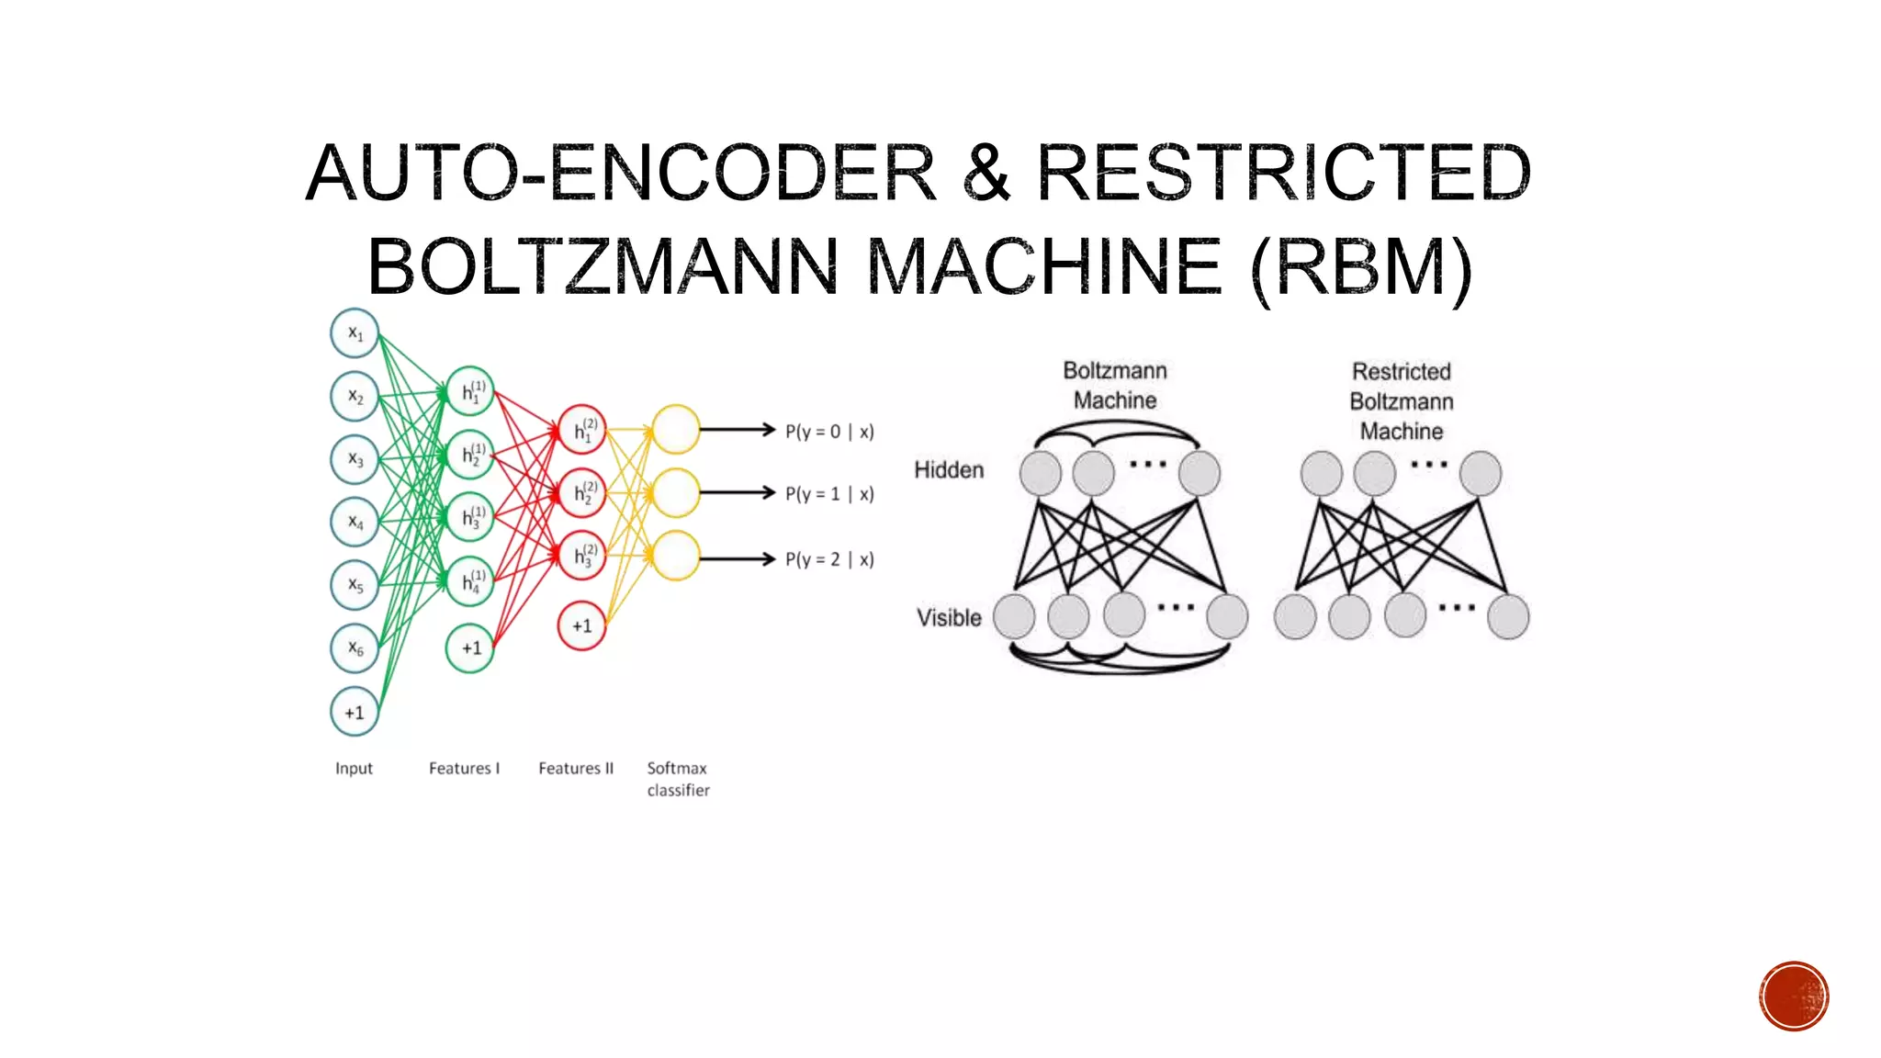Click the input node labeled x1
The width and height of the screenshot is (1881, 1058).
point(355,333)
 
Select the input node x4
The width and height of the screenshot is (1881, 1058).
point(355,522)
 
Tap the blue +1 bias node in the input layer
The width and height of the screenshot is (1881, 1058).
point(355,712)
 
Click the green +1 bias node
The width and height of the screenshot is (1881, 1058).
point(470,647)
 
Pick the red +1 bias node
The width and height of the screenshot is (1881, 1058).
point(581,625)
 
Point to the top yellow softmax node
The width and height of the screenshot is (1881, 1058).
point(676,429)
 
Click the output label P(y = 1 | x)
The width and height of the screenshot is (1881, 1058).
point(829,494)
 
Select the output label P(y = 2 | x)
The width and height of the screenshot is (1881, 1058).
point(829,559)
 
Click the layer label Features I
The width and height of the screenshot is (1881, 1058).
point(464,768)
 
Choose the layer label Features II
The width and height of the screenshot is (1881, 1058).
point(576,768)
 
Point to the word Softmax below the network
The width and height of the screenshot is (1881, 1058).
point(677,768)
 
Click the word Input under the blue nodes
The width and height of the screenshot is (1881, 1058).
point(354,768)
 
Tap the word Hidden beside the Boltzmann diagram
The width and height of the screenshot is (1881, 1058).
point(949,470)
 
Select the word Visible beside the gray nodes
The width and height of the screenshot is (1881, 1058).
point(949,617)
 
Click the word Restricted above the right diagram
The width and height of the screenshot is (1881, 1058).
point(1402,372)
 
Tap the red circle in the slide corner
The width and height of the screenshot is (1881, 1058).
point(1794,996)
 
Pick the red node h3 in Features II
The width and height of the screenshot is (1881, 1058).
point(581,556)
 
